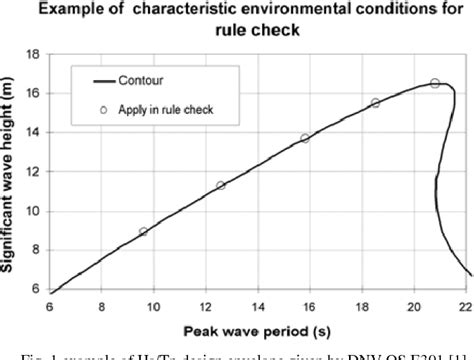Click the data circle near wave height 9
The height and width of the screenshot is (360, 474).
coord(144,231)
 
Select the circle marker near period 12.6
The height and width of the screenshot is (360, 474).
coord(221,185)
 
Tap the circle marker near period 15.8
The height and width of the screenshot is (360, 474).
coord(305,139)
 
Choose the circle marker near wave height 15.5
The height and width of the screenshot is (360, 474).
coord(375,103)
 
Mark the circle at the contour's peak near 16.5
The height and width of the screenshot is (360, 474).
coord(434,83)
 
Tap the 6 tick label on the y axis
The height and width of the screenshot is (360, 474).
coord(39,288)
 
